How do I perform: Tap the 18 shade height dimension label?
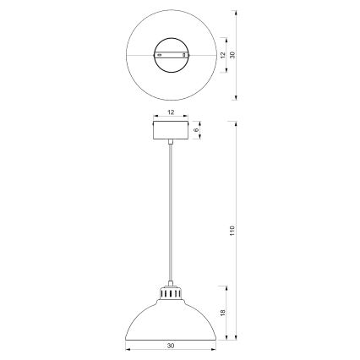[221, 312]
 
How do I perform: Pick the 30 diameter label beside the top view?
[233, 55]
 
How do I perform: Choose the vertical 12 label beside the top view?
[221, 55]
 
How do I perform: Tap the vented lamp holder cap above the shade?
[170, 295]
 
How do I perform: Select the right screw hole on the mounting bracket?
[182, 55]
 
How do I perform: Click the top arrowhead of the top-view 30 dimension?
[233, 13]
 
